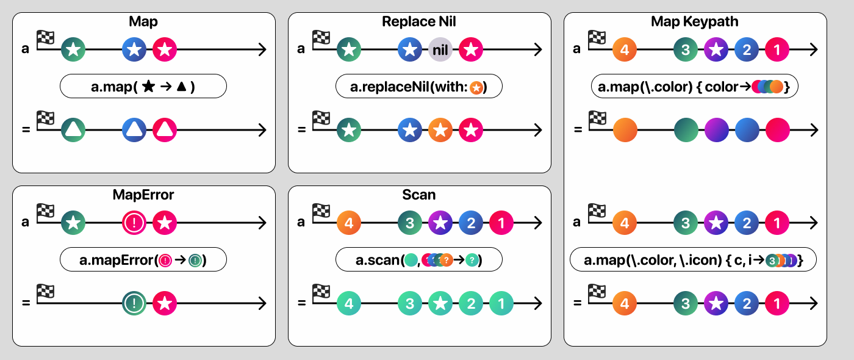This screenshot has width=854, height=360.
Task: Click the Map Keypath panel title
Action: tap(695, 22)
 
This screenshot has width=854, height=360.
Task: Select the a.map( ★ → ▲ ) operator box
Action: tap(143, 87)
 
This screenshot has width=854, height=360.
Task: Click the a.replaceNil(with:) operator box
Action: tap(419, 87)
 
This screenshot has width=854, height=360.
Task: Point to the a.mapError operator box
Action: tap(143, 260)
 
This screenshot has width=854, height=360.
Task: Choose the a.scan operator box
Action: tap(419, 260)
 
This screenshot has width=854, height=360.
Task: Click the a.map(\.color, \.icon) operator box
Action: tap(694, 260)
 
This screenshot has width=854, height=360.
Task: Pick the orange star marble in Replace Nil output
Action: tap(440, 130)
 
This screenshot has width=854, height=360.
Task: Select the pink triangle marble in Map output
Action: tap(164, 130)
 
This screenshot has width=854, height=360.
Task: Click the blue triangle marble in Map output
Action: tap(134, 130)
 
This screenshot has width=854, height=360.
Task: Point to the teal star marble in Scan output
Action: tap(440, 303)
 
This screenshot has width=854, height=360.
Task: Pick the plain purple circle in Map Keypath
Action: tap(716, 130)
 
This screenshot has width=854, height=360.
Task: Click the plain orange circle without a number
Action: tap(625, 130)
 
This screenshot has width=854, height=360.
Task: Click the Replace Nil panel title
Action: tap(419, 22)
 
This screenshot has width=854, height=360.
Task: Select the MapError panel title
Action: tap(143, 195)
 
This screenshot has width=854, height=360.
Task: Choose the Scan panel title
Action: tap(419, 195)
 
